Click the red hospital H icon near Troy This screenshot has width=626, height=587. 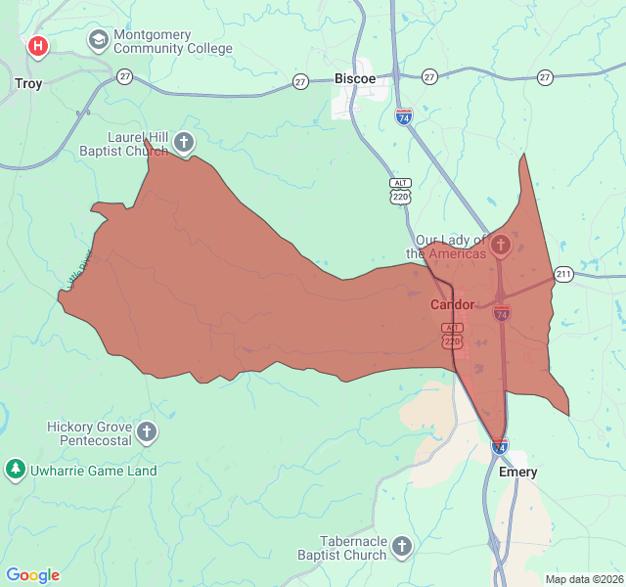pos(37,45)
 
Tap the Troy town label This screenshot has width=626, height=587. pos(28,83)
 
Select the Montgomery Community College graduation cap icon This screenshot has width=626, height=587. pos(98,41)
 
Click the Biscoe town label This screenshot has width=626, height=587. pos(354,78)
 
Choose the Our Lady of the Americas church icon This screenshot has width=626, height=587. pos(500,245)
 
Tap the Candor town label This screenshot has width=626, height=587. pos(452,304)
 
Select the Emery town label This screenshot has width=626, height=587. pos(517,472)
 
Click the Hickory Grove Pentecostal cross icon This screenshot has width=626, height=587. pos(147,431)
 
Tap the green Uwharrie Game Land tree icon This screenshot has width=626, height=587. pos(15,470)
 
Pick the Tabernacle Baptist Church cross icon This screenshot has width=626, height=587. pos(402,546)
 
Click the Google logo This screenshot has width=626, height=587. pos(32,575)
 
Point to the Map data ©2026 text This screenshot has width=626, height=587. pos(584,579)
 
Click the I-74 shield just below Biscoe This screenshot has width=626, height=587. pos(403,116)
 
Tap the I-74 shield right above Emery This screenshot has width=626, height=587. pos(499,447)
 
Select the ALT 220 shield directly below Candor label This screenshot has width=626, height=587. pos(452,336)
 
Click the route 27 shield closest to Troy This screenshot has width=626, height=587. pos(124,76)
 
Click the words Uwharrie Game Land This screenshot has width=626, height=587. pos(93,471)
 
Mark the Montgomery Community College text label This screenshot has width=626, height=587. pos(173,41)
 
